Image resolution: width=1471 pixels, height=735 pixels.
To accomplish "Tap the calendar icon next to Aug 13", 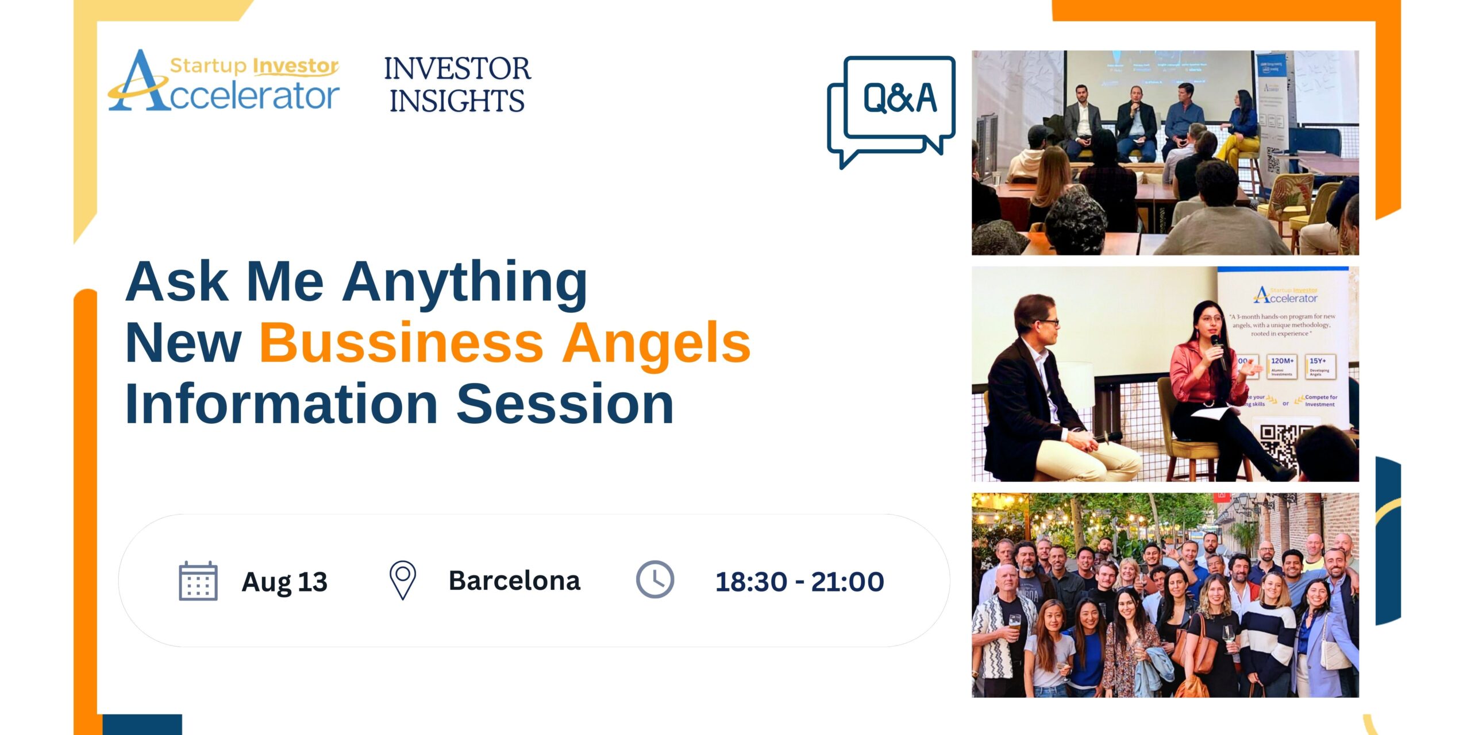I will click(x=198, y=581).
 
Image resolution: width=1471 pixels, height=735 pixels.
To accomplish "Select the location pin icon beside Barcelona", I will click(x=403, y=580).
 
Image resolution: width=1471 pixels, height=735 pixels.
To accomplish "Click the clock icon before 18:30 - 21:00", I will click(x=654, y=580).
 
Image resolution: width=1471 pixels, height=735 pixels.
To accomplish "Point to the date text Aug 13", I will click(x=284, y=582).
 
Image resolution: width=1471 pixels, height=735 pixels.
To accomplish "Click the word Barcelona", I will click(x=514, y=581).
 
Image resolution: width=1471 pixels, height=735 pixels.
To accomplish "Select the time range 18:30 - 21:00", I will click(x=799, y=582).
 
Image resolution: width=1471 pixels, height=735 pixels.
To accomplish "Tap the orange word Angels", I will click(x=656, y=343).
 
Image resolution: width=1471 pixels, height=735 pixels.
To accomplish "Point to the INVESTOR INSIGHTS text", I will click(x=457, y=85).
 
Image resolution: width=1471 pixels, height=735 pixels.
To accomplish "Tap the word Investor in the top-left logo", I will click(x=295, y=66).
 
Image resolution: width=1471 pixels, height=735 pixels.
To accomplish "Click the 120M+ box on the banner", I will click(x=1282, y=366).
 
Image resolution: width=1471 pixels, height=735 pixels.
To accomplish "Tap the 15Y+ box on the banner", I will click(x=1319, y=366).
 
